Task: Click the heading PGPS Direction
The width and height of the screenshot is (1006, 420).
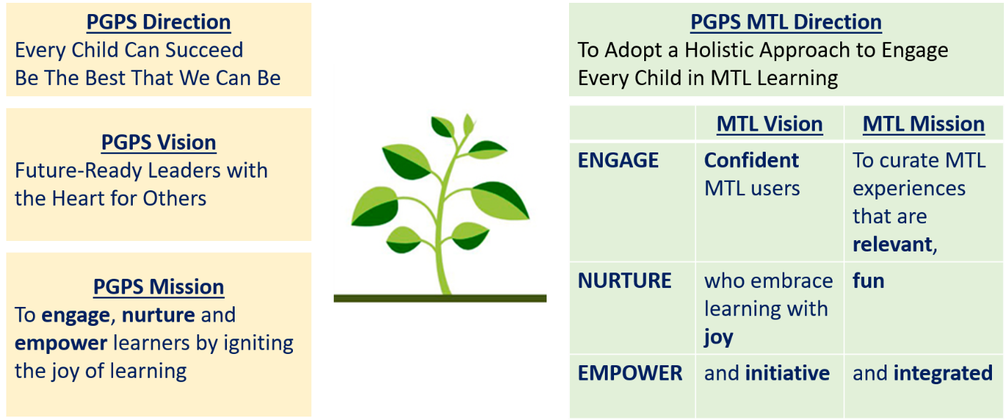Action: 159,22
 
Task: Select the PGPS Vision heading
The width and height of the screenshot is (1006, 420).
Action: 159,143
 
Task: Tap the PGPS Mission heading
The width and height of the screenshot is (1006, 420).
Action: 159,287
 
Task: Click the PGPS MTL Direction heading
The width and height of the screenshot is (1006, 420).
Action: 786,22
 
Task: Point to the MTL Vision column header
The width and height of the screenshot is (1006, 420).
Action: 770,124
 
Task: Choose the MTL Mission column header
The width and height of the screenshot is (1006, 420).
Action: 924,124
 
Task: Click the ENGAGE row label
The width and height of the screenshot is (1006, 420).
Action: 618,160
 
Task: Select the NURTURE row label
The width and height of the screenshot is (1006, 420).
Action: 625,281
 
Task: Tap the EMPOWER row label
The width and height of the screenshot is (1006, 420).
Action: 629,373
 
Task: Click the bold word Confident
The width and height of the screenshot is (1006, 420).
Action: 752,160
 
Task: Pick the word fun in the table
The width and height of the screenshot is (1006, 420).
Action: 868,281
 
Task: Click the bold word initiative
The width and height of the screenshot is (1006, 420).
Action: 788,373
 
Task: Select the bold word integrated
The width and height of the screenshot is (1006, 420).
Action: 943,374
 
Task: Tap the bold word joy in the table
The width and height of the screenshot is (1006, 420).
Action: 719,338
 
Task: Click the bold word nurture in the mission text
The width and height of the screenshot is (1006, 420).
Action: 159,315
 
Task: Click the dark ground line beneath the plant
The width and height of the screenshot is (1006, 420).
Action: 440,298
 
